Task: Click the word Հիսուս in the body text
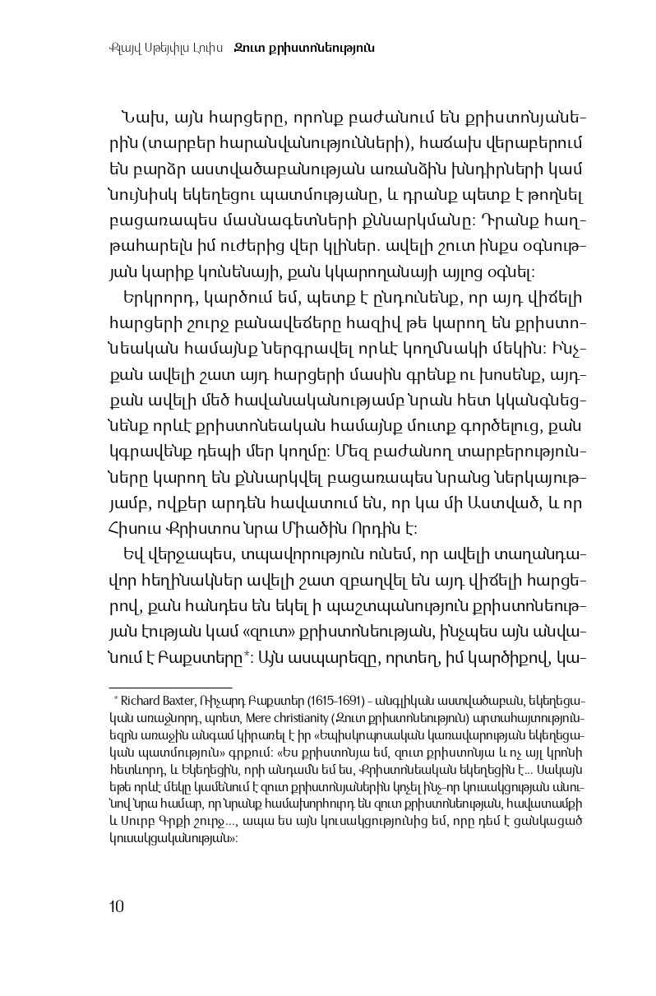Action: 135,528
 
